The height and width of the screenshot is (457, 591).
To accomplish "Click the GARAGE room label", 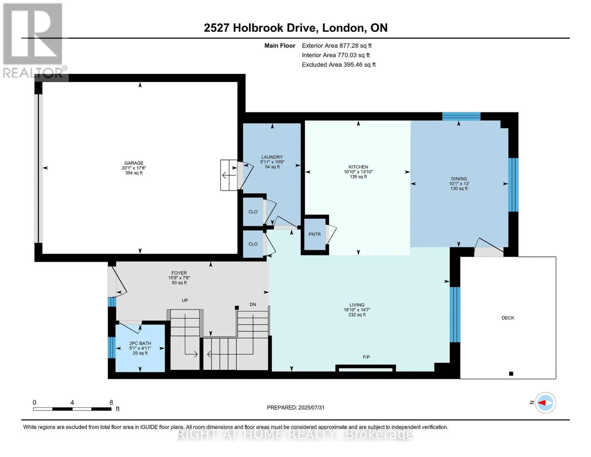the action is click(x=134, y=163).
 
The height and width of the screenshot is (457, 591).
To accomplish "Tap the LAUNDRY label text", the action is click(x=272, y=157).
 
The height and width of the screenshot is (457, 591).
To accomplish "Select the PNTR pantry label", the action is click(x=315, y=234).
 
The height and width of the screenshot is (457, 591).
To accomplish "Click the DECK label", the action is click(x=508, y=318).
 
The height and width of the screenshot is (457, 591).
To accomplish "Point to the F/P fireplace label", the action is click(x=366, y=357).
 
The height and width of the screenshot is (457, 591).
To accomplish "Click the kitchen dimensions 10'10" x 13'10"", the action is click(x=358, y=172).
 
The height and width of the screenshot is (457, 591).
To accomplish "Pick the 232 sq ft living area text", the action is click(x=357, y=315).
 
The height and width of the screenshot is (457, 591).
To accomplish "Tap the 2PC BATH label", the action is click(x=140, y=343).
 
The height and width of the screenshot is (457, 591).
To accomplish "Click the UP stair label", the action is click(x=185, y=300).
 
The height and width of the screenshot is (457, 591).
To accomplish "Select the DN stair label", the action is click(x=253, y=304).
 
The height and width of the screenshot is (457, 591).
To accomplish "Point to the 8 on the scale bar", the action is click(x=111, y=402).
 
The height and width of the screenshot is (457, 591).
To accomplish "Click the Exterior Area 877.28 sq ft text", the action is click(x=336, y=46).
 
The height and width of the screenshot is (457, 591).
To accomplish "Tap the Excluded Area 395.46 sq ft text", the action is click(x=339, y=64).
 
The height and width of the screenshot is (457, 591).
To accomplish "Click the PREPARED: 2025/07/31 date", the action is click(x=296, y=407).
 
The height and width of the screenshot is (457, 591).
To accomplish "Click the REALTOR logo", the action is click(x=34, y=41).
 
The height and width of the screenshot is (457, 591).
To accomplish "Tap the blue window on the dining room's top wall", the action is click(x=461, y=117).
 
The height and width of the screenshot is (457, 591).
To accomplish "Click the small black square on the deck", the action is click(x=511, y=374).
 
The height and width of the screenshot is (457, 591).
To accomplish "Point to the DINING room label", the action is click(x=459, y=179).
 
